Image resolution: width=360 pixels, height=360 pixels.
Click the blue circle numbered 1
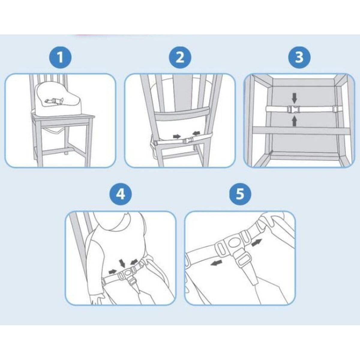click(60, 57)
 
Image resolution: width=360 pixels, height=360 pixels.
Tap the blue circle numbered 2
click(180, 57)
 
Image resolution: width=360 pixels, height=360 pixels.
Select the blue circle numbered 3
click(299, 57)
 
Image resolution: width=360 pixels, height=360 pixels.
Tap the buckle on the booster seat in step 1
click(55, 101)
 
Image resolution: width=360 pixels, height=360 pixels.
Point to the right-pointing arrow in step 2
click(177, 136)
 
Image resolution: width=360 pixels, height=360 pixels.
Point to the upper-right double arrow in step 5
click(257, 242)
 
